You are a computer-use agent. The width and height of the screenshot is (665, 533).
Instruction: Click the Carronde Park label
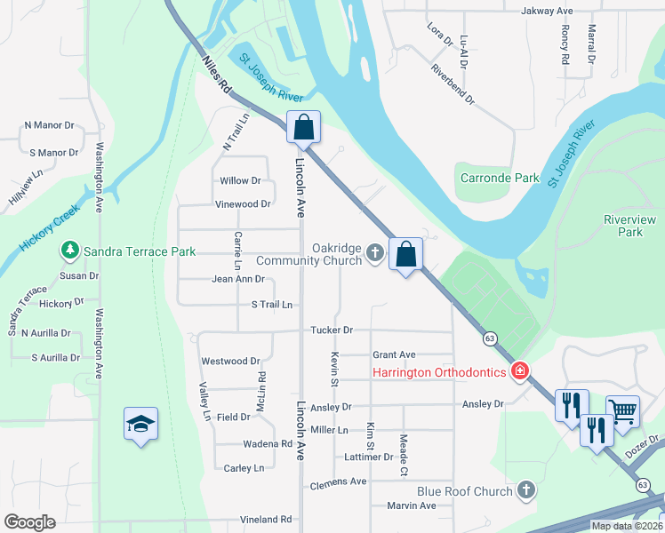coord(500,178)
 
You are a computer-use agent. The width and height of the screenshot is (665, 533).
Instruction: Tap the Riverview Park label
coord(629,226)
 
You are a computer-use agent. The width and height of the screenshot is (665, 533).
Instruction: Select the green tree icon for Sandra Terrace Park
coord(69,251)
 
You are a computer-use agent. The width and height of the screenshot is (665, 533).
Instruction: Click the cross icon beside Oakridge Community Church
coord(375,255)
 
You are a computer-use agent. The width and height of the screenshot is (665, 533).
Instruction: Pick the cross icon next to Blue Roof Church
coord(526,491)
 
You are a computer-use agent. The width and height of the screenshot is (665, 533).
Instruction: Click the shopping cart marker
coord(622,411)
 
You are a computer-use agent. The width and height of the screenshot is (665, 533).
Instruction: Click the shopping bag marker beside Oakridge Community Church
coord(406,254)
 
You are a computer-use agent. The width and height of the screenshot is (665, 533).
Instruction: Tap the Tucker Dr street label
coord(332,330)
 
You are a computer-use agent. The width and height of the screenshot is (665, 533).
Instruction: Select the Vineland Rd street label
coord(266,520)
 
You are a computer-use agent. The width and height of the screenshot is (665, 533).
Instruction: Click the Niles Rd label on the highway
coord(216,76)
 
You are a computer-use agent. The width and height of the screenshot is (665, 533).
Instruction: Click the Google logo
coord(29,522)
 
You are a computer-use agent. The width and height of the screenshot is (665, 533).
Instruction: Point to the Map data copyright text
coord(627,526)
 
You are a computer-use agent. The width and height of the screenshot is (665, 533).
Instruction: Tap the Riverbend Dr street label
coord(453,84)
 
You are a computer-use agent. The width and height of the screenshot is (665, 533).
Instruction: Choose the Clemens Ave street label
coord(338,482)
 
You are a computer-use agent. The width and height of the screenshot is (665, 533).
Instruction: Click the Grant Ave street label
coord(394,354)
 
